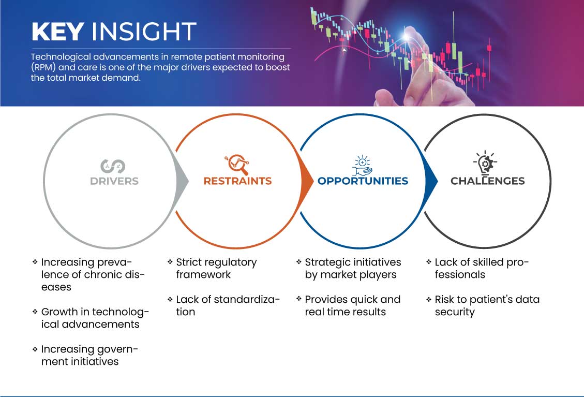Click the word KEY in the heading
[x=57, y=32]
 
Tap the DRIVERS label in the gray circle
[x=114, y=181]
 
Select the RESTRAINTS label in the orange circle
[x=237, y=181]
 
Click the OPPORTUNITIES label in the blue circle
[x=363, y=181]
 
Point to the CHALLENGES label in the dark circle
[x=487, y=181]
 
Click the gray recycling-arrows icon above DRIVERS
[x=113, y=166]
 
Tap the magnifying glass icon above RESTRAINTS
[x=236, y=165]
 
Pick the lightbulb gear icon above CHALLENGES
[x=485, y=163]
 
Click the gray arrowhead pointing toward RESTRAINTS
[x=182, y=181]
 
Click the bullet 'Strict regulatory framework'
[x=216, y=268]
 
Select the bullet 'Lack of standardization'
[x=228, y=305]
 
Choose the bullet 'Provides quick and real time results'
[x=352, y=305]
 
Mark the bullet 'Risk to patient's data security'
[x=486, y=305]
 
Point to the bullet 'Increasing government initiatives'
[x=89, y=355]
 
